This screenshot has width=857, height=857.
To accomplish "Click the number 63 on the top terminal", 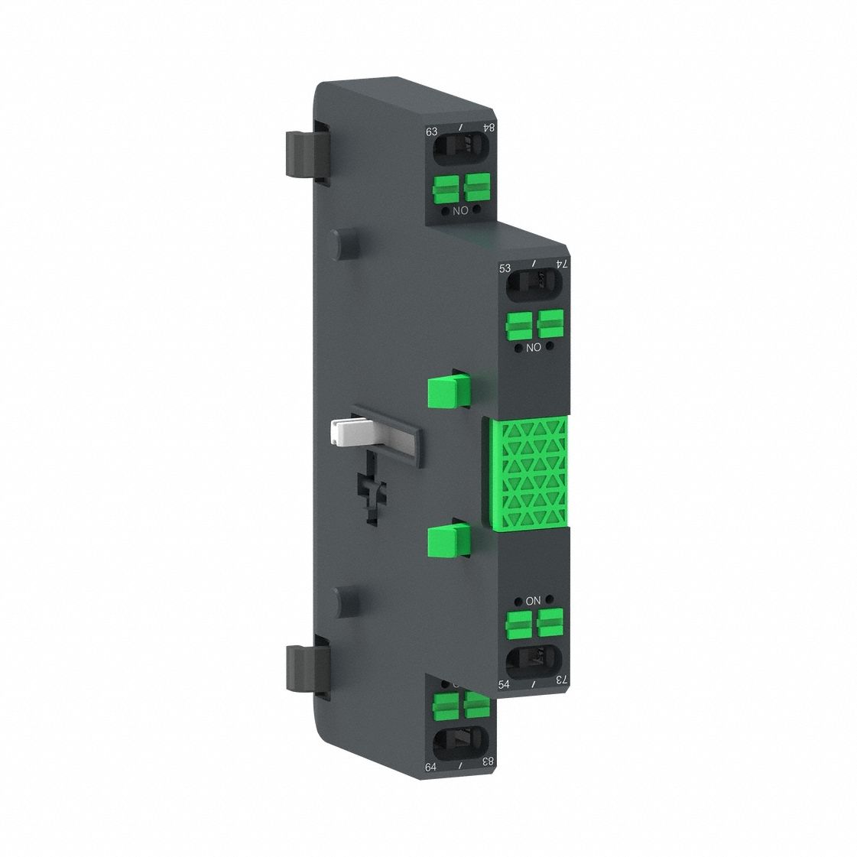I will tap(433, 132).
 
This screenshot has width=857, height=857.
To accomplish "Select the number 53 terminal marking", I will tap(505, 268).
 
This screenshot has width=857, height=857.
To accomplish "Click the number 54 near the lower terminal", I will tap(505, 684).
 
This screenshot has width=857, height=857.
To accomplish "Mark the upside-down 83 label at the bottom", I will tap(487, 761).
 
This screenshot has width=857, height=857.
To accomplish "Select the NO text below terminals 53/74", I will tap(534, 347).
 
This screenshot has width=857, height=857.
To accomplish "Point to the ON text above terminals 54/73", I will tap(533, 601).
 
